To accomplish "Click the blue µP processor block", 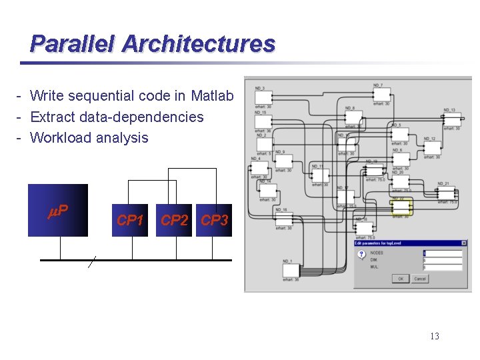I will click(58, 211).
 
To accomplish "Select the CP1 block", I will click(130, 221).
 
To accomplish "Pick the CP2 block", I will click(175, 221).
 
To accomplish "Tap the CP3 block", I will click(215, 221).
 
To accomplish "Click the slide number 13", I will click(434, 336).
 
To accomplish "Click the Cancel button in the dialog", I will click(420, 279).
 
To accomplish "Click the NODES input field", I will click(442, 253).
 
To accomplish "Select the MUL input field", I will click(442, 267).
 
